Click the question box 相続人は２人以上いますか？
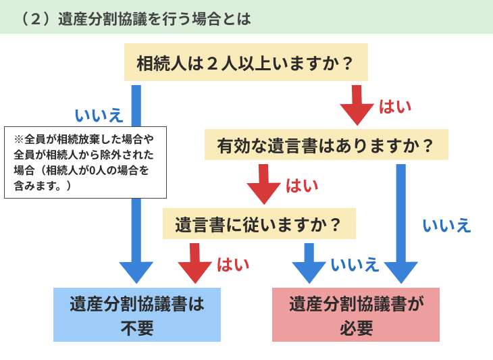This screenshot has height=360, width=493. point(246,62)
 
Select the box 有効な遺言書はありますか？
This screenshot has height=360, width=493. point(326,145)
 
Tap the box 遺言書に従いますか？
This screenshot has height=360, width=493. point(259,224)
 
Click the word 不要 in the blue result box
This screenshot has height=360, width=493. point(137,328)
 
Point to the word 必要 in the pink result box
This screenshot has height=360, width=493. point(356,328)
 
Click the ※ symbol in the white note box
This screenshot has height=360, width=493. point(18,139)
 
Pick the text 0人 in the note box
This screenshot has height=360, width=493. point(97,170)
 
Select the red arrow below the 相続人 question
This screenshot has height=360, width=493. point(357,105)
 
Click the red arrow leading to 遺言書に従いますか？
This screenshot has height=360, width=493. point(263,184)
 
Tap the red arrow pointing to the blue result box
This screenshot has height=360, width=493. point(194,263)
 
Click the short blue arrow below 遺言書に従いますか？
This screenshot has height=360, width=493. point(309,263)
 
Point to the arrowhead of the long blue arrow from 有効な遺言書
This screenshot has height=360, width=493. point(401,272)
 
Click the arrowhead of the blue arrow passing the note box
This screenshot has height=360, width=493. point(136,272)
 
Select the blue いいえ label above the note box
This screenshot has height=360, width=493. point(99,115)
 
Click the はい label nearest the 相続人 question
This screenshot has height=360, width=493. point(395,107)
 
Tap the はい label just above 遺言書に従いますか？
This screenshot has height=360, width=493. point(302,186)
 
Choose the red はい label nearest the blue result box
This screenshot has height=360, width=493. point(233,264)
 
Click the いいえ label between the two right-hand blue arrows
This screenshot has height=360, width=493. point(355,264)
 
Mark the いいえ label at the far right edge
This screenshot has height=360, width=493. point(447,226)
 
